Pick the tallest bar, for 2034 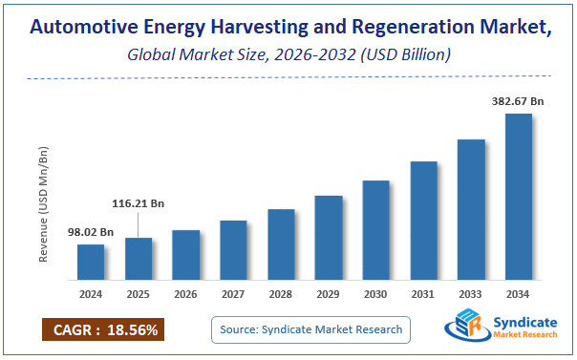click(x=519, y=196)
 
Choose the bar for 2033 click(x=471, y=209)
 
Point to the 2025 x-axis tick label click(x=139, y=295)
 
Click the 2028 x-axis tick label click(x=281, y=295)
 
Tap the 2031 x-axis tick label click(x=423, y=295)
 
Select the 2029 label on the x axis click(x=329, y=295)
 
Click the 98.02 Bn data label click(x=90, y=232)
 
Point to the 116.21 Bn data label click(x=138, y=203)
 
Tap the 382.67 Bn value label click(x=518, y=100)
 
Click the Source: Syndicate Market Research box click(x=310, y=329)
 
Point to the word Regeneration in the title click(x=397, y=29)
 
